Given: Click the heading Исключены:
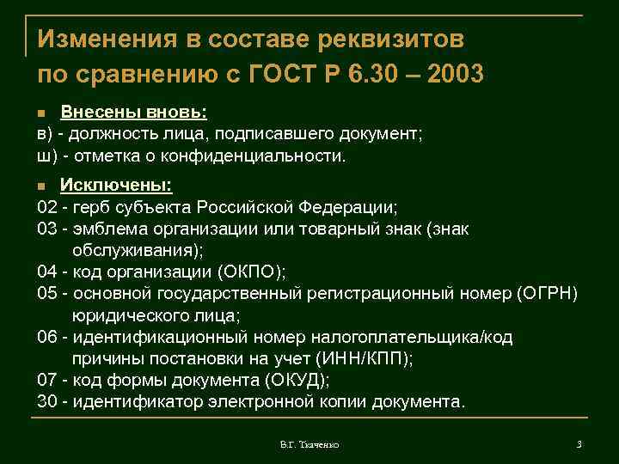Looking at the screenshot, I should [x=115, y=186].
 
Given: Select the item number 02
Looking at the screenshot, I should [x=46, y=207].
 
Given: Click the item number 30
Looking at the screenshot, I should [x=46, y=402].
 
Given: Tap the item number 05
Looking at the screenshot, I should [x=46, y=294].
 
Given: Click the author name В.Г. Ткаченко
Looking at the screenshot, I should [x=309, y=444].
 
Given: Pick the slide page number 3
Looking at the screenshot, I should [x=579, y=443].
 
